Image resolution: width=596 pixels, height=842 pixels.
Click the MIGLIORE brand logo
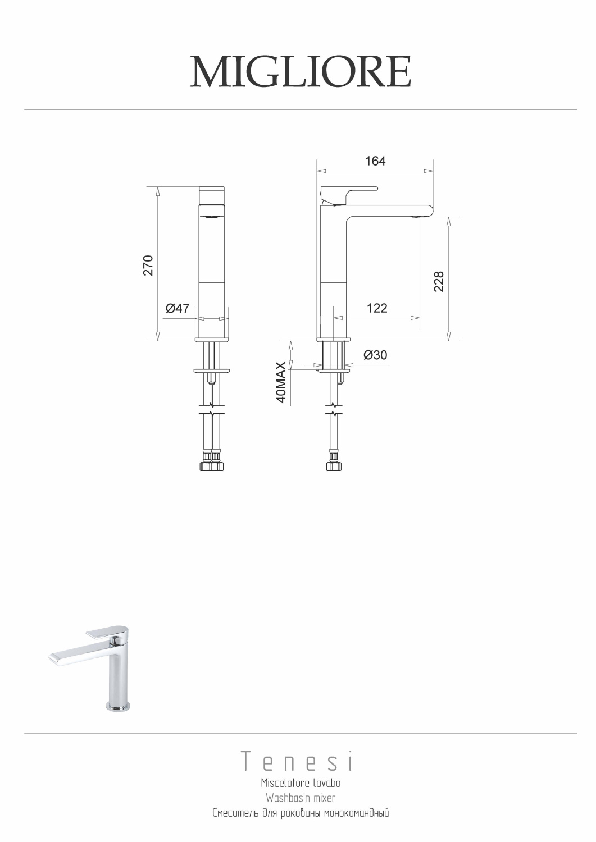coord(300,72)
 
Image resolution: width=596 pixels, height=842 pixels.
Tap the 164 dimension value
coord(375,162)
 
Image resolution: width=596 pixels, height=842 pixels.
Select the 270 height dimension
coord(148,265)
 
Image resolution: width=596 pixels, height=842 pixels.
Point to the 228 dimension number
coord(439,281)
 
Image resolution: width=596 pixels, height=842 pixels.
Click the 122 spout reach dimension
coord(376,308)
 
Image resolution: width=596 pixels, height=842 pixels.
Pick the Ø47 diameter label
coord(178,308)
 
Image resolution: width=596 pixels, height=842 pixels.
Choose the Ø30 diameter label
coord(375,355)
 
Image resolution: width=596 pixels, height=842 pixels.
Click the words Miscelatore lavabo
coord(301,783)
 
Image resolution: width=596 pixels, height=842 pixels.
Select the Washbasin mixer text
coord(301,798)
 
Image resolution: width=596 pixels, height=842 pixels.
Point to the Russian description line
coord(301,813)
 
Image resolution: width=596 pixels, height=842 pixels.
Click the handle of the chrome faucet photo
coord(107,632)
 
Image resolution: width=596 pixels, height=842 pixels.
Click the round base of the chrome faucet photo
coord(118,706)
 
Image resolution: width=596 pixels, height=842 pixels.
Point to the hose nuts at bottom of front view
coord(212,466)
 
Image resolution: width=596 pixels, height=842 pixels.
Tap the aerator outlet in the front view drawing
coord(212,217)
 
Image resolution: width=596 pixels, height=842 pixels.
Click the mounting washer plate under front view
coord(212,370)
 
